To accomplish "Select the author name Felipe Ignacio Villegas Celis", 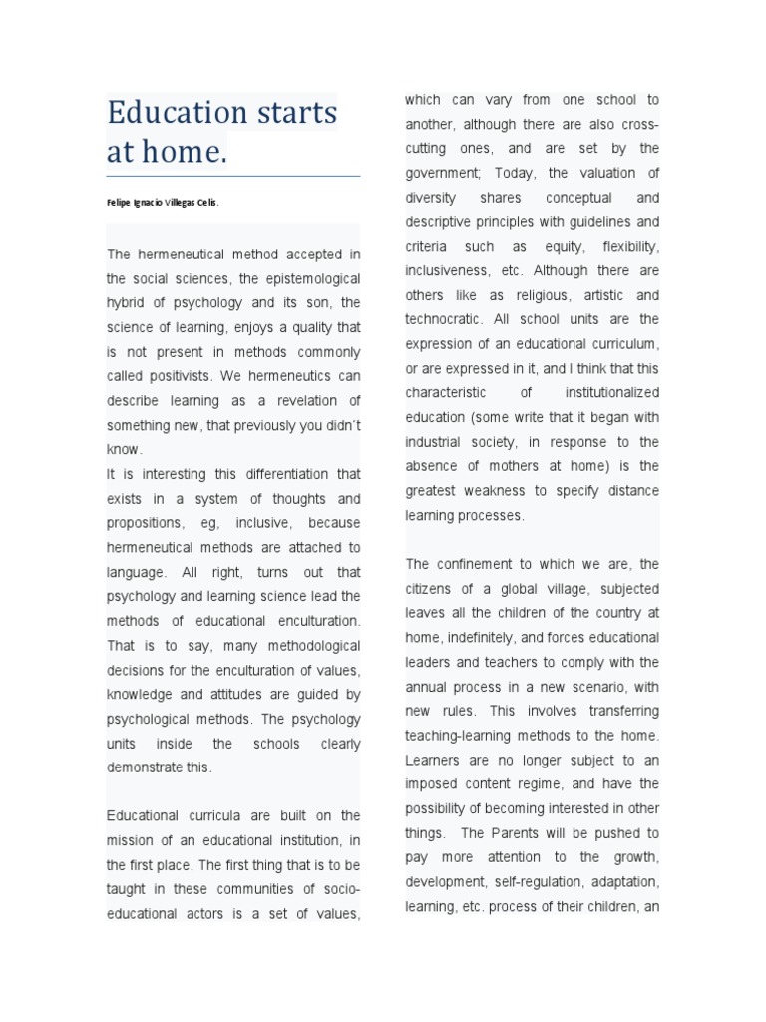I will (x=163, y=202).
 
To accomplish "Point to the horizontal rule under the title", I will (x=233, y=177).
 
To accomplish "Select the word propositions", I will (x=144, y=523).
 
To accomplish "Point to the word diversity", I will (x=431, y=198).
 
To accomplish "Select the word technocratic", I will (x=443, y=319).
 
